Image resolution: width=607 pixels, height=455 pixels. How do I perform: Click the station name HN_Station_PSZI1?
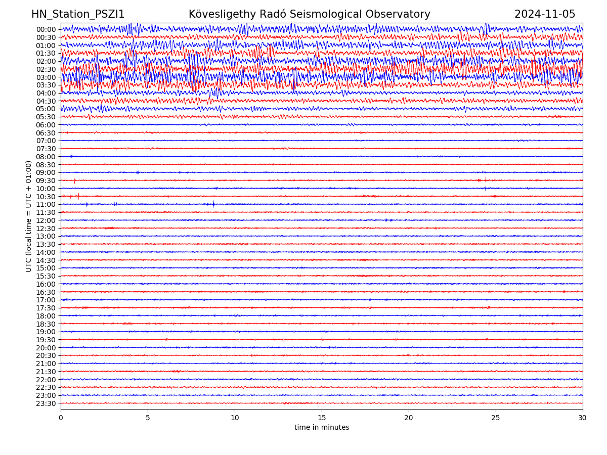click(78, 14)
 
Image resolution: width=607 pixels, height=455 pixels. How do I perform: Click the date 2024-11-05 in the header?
click(545, 14)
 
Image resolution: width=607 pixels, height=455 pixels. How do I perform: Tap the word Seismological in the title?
click(327, 14)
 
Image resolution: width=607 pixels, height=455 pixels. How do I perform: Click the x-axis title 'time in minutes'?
click(322, 428)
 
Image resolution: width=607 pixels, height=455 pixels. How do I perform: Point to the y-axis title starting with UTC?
click(29, 216)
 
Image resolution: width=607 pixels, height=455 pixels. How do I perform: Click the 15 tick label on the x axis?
click(322, 418)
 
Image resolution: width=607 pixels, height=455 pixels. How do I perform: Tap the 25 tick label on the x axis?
click(496, 418)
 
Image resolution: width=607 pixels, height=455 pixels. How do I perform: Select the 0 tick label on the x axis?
click(61, 418)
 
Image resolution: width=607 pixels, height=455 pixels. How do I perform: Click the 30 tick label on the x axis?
click(583, 418)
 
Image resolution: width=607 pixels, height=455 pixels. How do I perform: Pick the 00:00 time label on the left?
click(46, 29)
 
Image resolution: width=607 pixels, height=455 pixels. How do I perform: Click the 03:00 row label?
click(46, 77)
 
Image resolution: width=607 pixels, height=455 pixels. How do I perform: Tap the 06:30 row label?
click(46, 133)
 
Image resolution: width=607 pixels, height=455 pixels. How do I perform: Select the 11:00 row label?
click(46, 205)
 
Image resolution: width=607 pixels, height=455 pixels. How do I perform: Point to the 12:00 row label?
click(46, 220)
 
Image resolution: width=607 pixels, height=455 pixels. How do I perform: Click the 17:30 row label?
click(46, 308)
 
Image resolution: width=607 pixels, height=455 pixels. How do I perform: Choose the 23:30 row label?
click(46, 403)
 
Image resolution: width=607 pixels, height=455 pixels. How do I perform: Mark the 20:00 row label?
click(46, 348)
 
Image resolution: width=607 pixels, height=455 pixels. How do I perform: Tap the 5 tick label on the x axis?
click(148, 418)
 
